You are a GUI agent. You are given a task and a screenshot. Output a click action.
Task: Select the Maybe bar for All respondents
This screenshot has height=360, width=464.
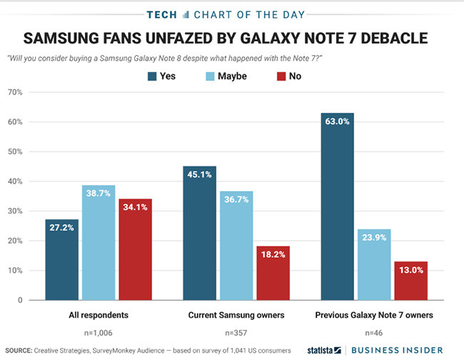[99, 243]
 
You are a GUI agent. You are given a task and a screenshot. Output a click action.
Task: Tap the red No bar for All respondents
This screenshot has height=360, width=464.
[135, 250]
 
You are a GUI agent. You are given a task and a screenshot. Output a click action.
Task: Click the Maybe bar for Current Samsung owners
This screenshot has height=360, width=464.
[236, 246]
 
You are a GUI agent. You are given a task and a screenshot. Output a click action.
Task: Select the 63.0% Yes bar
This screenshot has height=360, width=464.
[337, 206]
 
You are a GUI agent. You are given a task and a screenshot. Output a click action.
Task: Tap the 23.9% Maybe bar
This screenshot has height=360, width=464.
[373, 265]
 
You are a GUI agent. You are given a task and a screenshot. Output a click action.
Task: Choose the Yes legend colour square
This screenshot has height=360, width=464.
[153, 76]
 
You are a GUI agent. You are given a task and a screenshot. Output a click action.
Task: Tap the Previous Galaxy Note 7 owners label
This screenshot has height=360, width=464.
[374, 314]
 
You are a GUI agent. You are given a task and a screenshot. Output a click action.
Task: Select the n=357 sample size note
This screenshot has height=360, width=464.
[236, 332]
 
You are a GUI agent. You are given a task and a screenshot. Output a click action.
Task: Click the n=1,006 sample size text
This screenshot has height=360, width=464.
[99, 332]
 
